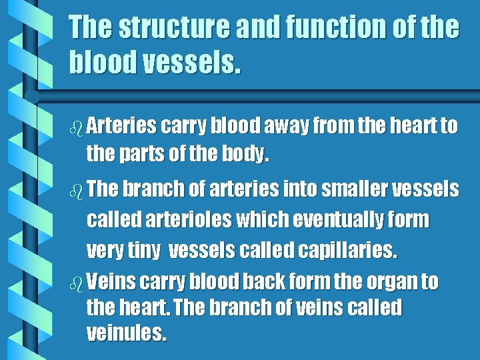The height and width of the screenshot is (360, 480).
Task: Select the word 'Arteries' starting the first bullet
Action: pos(121,125)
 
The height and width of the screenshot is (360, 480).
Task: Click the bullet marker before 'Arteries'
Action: pos(75,126)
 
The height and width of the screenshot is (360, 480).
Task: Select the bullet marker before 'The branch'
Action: pos(75,190)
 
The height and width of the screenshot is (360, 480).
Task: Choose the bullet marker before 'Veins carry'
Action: pos(75,282)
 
